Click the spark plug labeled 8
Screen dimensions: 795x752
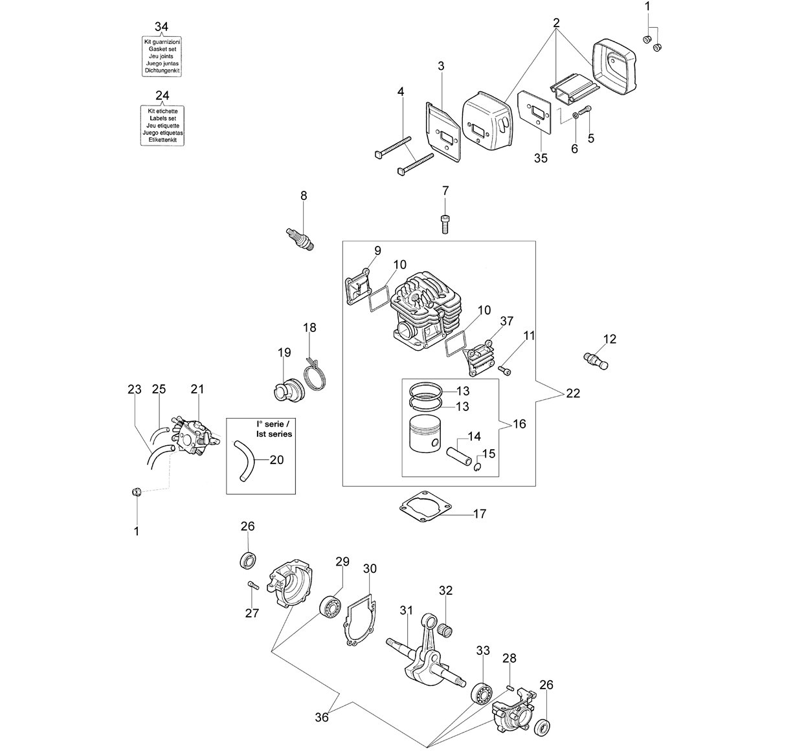(300, 239)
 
